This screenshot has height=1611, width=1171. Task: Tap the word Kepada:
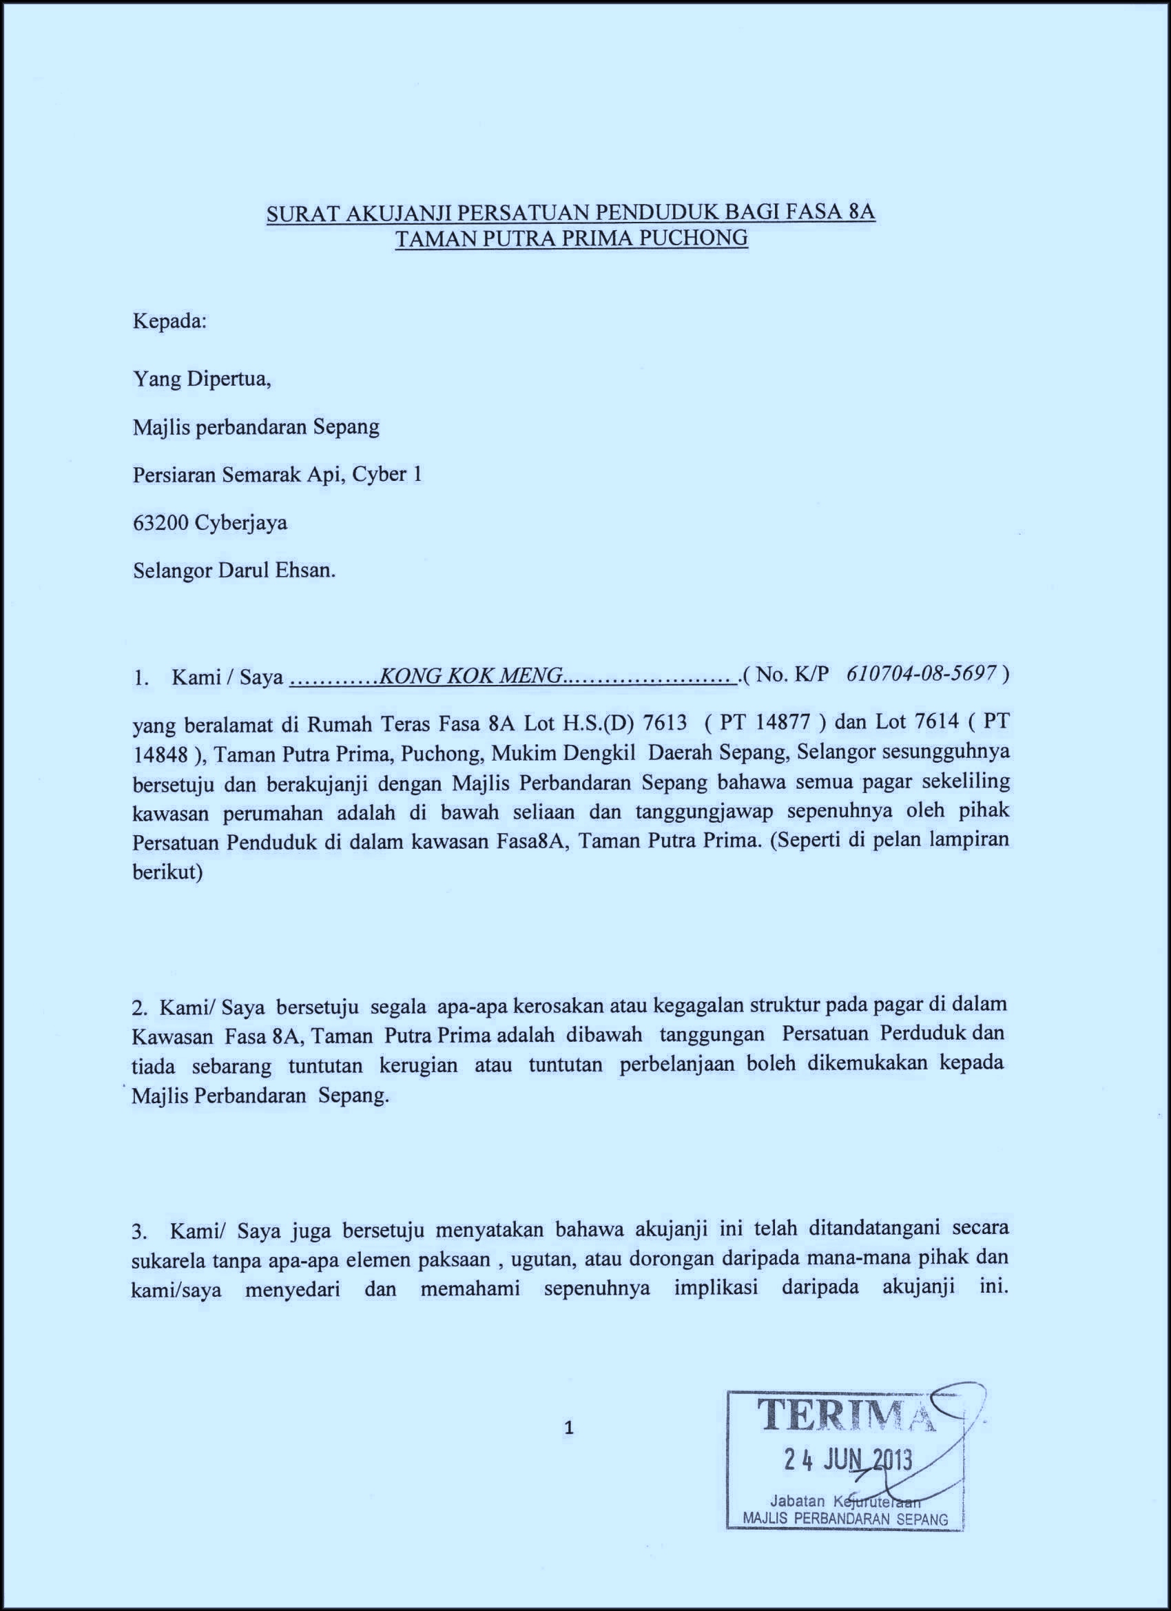tap(169, 321)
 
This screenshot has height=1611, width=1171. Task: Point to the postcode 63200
tap(160, 523)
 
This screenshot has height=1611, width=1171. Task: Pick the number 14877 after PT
tap(782, 722)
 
